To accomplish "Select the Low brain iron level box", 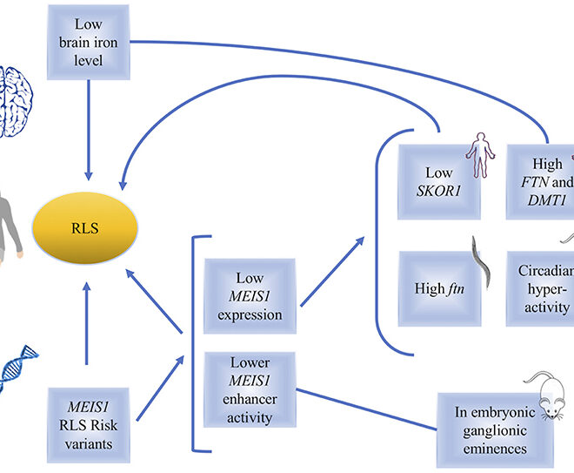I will coord(88,42).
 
